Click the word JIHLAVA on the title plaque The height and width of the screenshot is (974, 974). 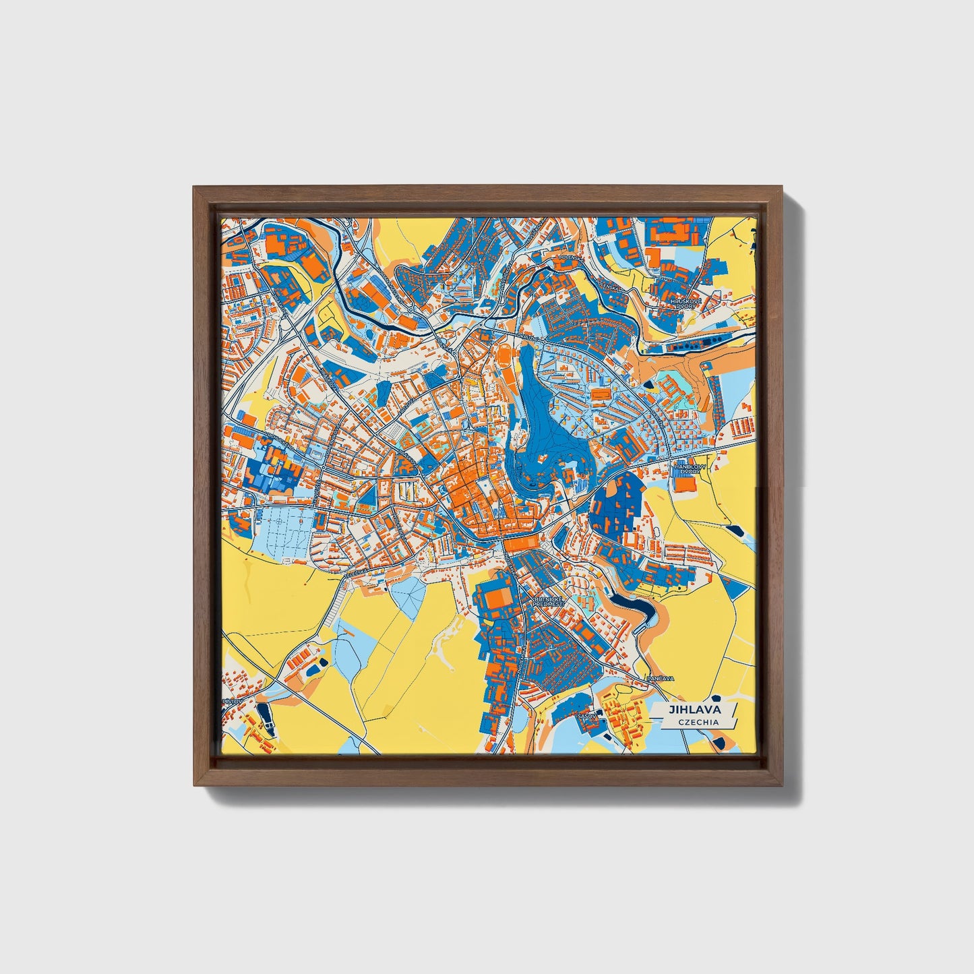pos(694,710)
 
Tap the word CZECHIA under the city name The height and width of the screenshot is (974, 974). pos(698,722)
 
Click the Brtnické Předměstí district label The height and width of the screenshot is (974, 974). pos(547,601)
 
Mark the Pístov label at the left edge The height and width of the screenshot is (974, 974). pos(233,702)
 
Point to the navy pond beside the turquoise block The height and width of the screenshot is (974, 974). pos(648,384)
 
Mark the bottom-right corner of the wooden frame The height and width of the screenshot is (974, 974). pos(784,785)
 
